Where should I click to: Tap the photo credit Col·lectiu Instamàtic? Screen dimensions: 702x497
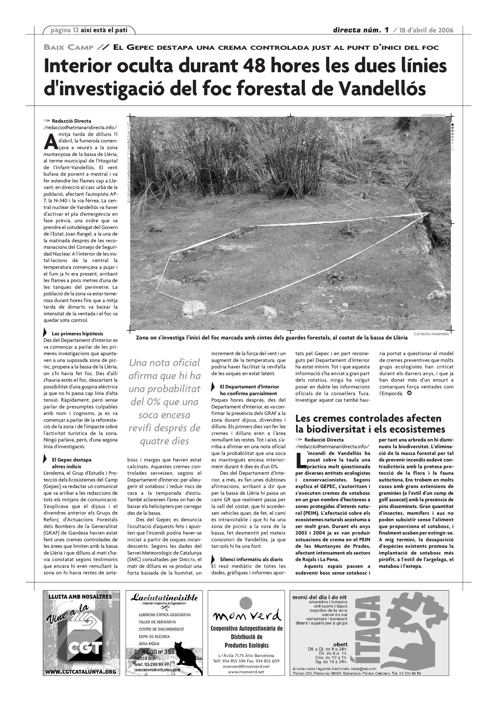click(431, 334)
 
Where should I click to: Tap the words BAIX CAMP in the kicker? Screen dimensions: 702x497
click(69, 47)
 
